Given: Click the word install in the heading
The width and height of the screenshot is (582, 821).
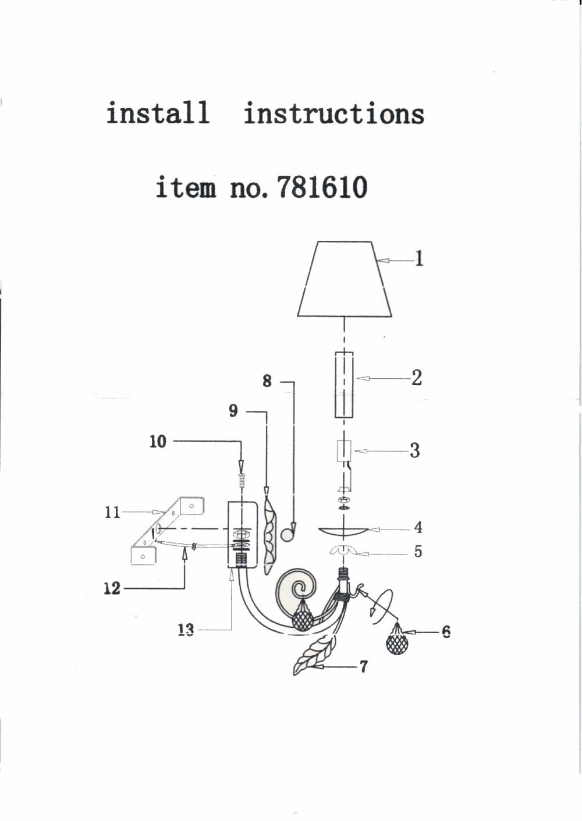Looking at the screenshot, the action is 158,113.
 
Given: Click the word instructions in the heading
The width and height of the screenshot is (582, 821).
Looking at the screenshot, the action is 334,113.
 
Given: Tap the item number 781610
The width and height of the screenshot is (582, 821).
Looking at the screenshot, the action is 322,187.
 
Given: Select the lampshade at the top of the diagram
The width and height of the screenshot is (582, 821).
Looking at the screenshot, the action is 345,279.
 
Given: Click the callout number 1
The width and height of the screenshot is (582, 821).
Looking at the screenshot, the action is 418,259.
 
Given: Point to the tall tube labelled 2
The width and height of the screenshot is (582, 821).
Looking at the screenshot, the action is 344,385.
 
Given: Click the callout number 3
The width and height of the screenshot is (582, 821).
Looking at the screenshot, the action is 414,450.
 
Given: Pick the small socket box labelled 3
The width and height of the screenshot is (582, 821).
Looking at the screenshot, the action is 344,451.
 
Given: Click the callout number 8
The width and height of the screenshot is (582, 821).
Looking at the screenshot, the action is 267,382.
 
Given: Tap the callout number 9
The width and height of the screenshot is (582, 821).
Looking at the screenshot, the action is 233,411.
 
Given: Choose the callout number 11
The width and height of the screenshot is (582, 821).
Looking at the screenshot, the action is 112,512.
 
